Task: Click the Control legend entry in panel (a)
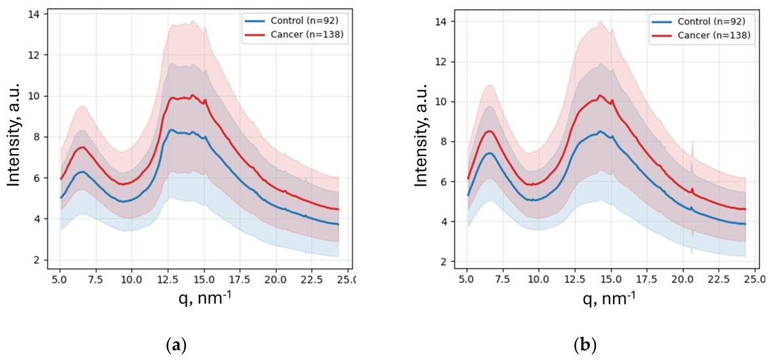(x=296, y=22)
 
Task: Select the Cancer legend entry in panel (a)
(x=296, y=34)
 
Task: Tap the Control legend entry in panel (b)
(x=703, y=22)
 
